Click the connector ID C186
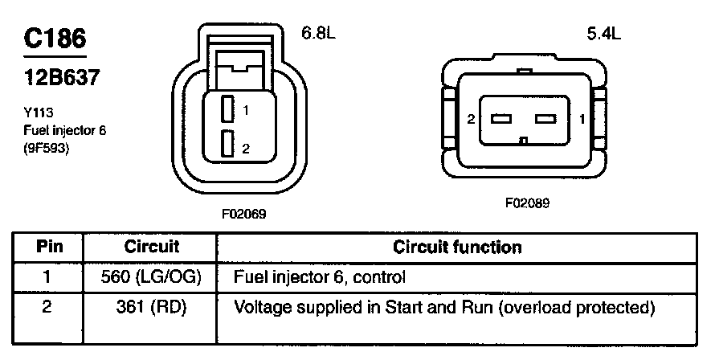[x=55, y=39]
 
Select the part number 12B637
[x=62, y=77]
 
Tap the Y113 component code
[x=39, y=112]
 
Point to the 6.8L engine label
[x=318, y=32]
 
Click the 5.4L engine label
[x=604, y=33]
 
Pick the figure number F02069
[x=244, y=214]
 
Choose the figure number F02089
[x=527, y=202]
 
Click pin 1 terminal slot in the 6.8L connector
[x=227, y=109]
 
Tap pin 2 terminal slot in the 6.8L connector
[x=227, y=144]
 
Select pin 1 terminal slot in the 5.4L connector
[x=545, y=119]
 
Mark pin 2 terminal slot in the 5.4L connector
[x=501, y=119]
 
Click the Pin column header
[x=49, y=247]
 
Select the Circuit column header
[x=151, y=247]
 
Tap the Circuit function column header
[x=457, y=247]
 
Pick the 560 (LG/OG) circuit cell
[x=151, y=277]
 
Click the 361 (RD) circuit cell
[x=151, y=308]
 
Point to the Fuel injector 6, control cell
[x=319, y=277]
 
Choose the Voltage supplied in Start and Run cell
[x=444, y=308]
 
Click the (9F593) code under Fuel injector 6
[x=46, y=149]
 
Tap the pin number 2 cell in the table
[x=47, y=307]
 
